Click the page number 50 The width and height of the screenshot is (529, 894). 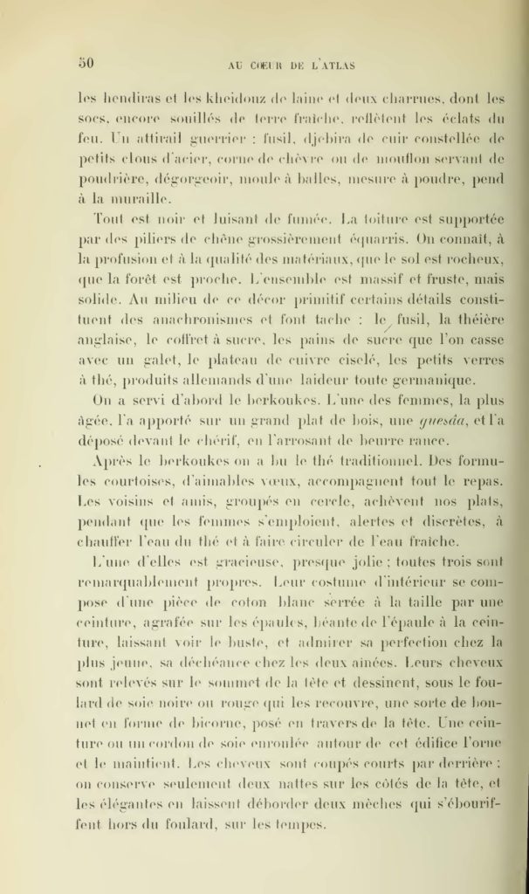(86, 62)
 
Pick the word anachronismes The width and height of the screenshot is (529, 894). (202, 320)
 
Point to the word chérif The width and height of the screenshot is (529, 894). (250, 441)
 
